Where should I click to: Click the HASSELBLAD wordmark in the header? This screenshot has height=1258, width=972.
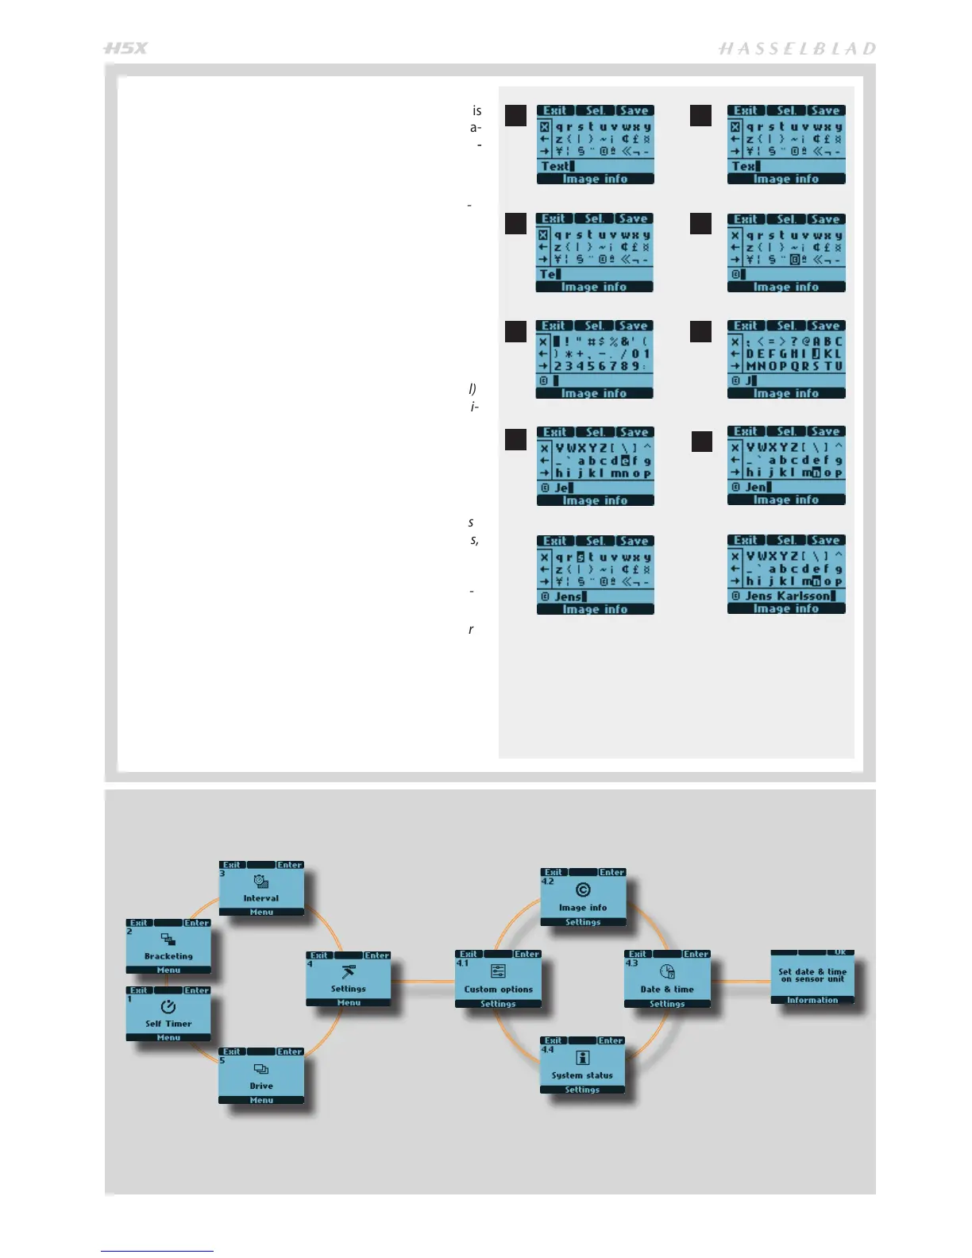(x=796, y=49)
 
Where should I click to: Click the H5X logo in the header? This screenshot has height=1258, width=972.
(x=125, y=48)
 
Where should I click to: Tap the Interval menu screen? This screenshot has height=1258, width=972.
(x=261, y=889)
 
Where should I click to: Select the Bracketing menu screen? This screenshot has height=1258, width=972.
(x=168, y=947)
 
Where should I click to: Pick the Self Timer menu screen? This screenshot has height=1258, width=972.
(x=168, y=1014)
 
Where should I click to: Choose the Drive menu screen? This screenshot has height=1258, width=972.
(x=261, y=1076)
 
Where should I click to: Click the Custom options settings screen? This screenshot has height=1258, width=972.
(x=498, y=979)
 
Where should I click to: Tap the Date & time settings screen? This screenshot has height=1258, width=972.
(x=667, y=979)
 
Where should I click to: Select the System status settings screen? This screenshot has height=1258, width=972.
(x=582, y=1066)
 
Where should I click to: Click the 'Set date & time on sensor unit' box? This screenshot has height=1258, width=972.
(x=812, y=976)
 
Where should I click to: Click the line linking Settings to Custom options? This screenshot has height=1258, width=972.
(x=422, y=982)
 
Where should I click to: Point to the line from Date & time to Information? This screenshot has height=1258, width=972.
(x=740, y=982)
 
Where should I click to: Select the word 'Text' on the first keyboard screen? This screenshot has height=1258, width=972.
(x=555, y=167)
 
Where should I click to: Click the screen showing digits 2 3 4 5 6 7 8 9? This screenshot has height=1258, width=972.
(x=594, y=359)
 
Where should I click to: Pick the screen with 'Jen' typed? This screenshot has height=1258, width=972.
(x=786, y=465)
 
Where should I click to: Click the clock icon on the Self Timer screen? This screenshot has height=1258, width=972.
(x=168, y=1006)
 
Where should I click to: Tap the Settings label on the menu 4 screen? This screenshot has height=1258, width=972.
(x=348, y=989)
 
